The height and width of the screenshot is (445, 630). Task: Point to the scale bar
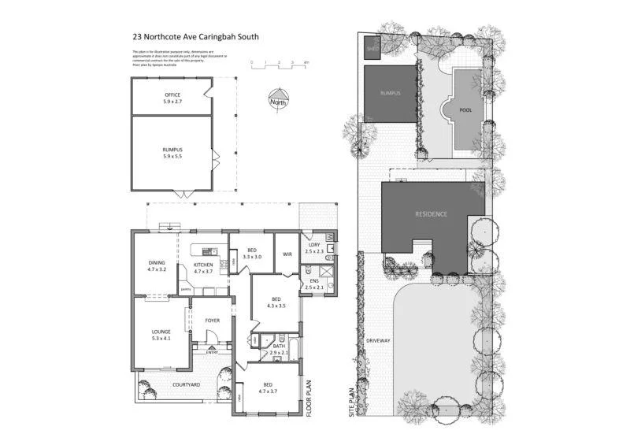(x=280, y=62)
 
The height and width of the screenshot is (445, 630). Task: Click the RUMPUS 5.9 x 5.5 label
(x=172, y=153)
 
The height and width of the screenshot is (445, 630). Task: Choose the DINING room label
(x=157, y=266)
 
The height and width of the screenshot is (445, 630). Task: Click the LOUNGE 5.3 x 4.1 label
(x=161, y=335)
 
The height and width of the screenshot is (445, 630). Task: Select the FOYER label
(x=213, y=321)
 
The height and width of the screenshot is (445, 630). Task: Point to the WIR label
(x=287, y=254)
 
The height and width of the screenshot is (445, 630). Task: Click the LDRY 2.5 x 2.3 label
(x=314, y=247)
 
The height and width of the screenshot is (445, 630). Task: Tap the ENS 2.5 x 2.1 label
(x=314, y=284)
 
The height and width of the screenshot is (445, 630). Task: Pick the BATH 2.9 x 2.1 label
(x=280, y=348)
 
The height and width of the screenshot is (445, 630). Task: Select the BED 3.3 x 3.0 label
(x=252, y=254)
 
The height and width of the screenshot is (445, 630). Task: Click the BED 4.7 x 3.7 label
(x=269, y=388)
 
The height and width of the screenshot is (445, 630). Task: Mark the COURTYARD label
(x=187, y=384)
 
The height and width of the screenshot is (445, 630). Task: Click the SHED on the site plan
(x=372, y=49)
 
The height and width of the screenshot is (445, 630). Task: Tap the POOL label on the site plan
(x=465, y=110)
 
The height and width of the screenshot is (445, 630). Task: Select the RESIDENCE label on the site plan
(x=432, y=213)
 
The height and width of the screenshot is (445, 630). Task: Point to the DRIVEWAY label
(x=378, y=340)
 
